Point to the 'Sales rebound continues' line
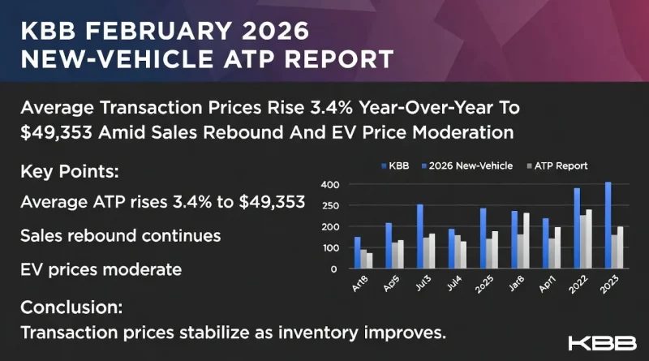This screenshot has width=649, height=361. tap(121, 235)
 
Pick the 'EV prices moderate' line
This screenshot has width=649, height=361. tap(101, 268)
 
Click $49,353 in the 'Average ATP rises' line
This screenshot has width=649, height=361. tap(264, 203)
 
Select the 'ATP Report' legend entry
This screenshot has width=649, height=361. tap(561, 165)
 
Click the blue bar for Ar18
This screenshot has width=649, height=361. tap(358, 252)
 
